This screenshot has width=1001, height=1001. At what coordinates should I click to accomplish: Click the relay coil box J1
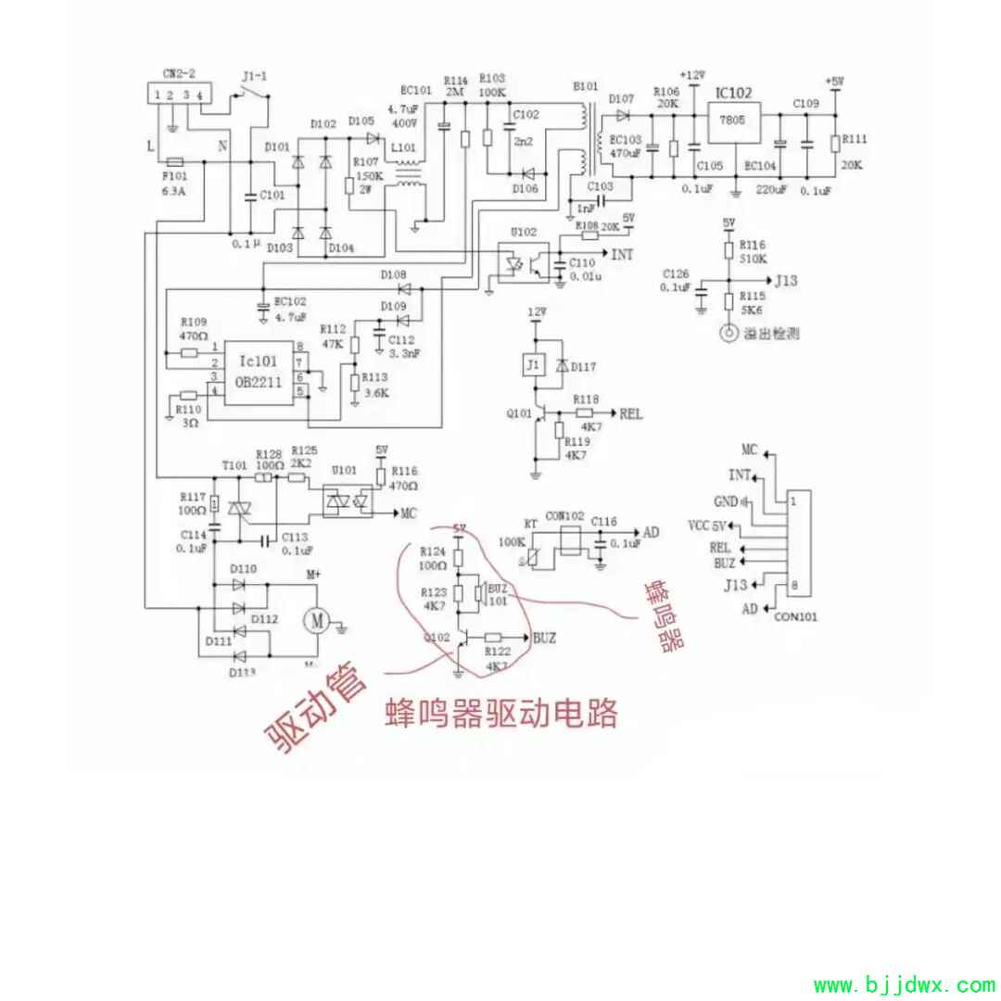coord(531,366)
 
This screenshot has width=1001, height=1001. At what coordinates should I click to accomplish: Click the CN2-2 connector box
coord(179,95)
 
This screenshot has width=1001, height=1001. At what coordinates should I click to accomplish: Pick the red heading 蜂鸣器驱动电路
coord(500,713)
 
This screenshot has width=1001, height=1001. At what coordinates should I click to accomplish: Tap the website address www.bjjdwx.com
coord(904,983)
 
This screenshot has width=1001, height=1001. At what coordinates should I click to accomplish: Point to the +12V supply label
coord(692,74)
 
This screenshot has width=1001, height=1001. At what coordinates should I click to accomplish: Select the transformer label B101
coord(585,86)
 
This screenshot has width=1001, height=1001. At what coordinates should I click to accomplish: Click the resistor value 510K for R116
coord(754,260)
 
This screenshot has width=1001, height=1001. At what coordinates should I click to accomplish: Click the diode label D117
coord(583,368)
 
